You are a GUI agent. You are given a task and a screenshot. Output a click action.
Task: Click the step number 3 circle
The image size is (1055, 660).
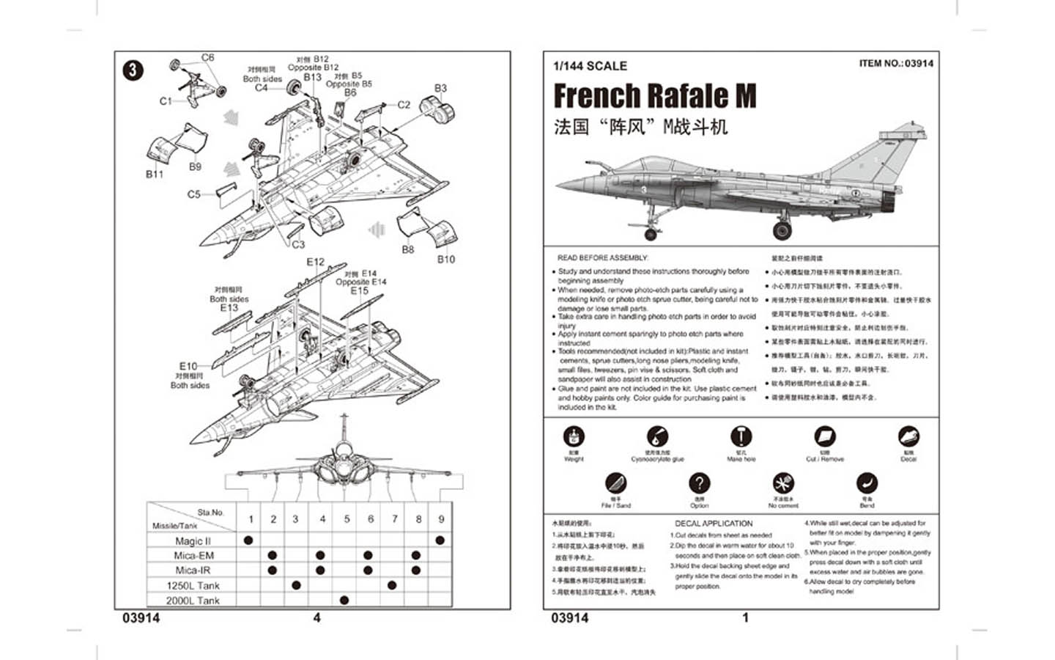(132, 70)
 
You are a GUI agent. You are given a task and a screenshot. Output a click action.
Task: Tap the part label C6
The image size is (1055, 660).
(207, 57)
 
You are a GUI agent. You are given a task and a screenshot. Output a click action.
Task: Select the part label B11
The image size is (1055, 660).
(155, 175)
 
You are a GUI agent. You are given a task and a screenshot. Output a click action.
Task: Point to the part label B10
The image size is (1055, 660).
(445, 259)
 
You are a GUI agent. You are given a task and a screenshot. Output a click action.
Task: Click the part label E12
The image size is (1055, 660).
(315, 262)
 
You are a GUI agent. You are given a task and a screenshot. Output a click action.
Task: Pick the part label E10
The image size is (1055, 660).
(188, 366)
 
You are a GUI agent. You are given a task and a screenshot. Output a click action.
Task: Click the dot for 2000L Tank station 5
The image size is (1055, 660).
(344, 600)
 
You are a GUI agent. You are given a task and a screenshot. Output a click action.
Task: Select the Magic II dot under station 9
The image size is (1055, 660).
(440, 540)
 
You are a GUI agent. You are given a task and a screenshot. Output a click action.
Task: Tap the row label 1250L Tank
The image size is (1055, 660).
(193, 585)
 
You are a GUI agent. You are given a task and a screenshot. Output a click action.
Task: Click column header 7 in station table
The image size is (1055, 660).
(394, 519)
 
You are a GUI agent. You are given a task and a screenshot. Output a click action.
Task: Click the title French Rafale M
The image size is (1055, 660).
(654, 96)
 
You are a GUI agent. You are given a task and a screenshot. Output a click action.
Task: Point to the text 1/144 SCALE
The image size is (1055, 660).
(590, 66)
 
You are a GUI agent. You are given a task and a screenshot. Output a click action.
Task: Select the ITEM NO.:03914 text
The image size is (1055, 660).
(896, 64)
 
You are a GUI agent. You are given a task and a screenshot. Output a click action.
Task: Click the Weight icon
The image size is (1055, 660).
(574, 436)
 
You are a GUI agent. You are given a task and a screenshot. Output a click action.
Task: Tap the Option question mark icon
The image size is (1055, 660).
(699, 483)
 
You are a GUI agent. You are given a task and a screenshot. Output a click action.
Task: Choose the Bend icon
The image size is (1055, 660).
(867, 483)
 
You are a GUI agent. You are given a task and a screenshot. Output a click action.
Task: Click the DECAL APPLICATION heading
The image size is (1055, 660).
(713, 524)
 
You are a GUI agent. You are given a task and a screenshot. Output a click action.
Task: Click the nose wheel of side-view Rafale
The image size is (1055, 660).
(650, 234)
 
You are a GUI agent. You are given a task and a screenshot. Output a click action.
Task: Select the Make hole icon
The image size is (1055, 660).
(741, 436)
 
